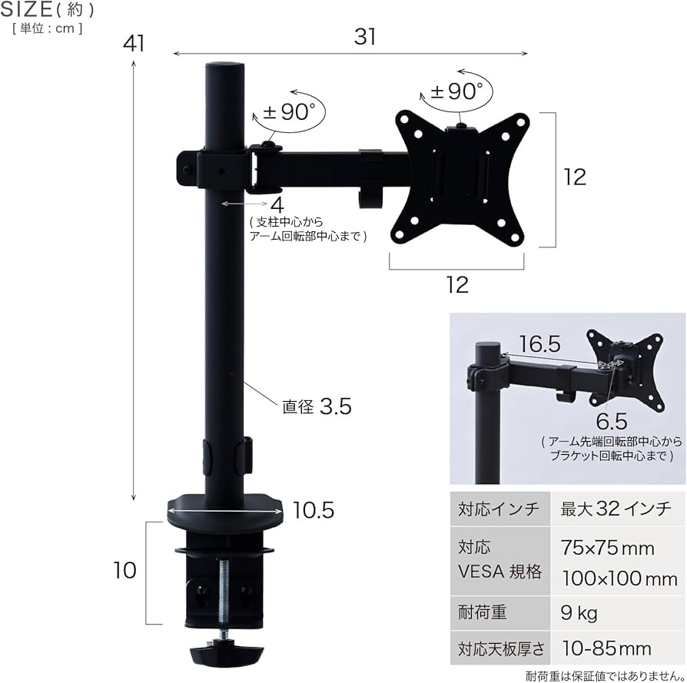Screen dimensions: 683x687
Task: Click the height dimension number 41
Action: tap(134, 44)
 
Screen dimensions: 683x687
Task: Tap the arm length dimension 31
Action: tap(365, 37)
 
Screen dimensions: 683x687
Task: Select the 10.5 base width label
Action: tap(313, 510)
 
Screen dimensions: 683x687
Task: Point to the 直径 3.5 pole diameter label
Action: tap(316, 406)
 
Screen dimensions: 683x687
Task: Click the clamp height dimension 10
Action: tap(124, 571)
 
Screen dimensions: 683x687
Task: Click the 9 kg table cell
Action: tap(579, 613)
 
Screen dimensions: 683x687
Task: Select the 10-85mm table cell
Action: tap(606, 648)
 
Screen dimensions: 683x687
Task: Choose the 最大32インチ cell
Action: tap(616, 509)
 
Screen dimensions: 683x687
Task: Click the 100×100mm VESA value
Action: tap(619, 578)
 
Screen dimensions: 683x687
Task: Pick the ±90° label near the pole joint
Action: tap(290, 112)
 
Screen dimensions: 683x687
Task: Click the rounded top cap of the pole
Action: tap(224, 68)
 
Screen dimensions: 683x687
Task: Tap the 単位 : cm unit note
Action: tap(47, 29)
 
